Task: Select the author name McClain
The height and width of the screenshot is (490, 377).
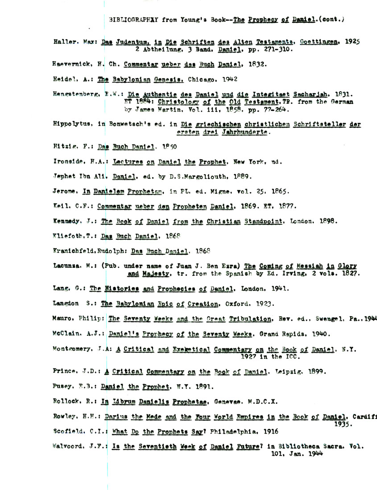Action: point(65,333)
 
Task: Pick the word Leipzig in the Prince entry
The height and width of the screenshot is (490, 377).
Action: point(290,371)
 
